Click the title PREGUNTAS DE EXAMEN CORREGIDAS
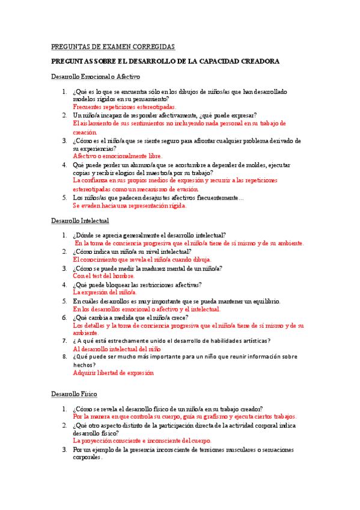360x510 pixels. click(113, 46)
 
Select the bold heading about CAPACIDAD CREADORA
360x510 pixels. click(165, 61)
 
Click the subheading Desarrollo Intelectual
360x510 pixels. click(80, 221)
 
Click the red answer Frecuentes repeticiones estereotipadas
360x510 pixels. click(124, 106)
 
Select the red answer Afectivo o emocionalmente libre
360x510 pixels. click(118, 156)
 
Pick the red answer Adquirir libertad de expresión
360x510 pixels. click(114, 373)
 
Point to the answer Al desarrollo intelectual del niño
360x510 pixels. click(117, 349)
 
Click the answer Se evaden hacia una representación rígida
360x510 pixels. click(130, 205)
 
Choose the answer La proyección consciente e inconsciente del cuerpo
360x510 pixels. click(142, 440)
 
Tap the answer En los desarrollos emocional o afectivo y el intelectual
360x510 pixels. click(147, 309)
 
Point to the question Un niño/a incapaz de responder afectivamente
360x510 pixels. click(165, 115)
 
